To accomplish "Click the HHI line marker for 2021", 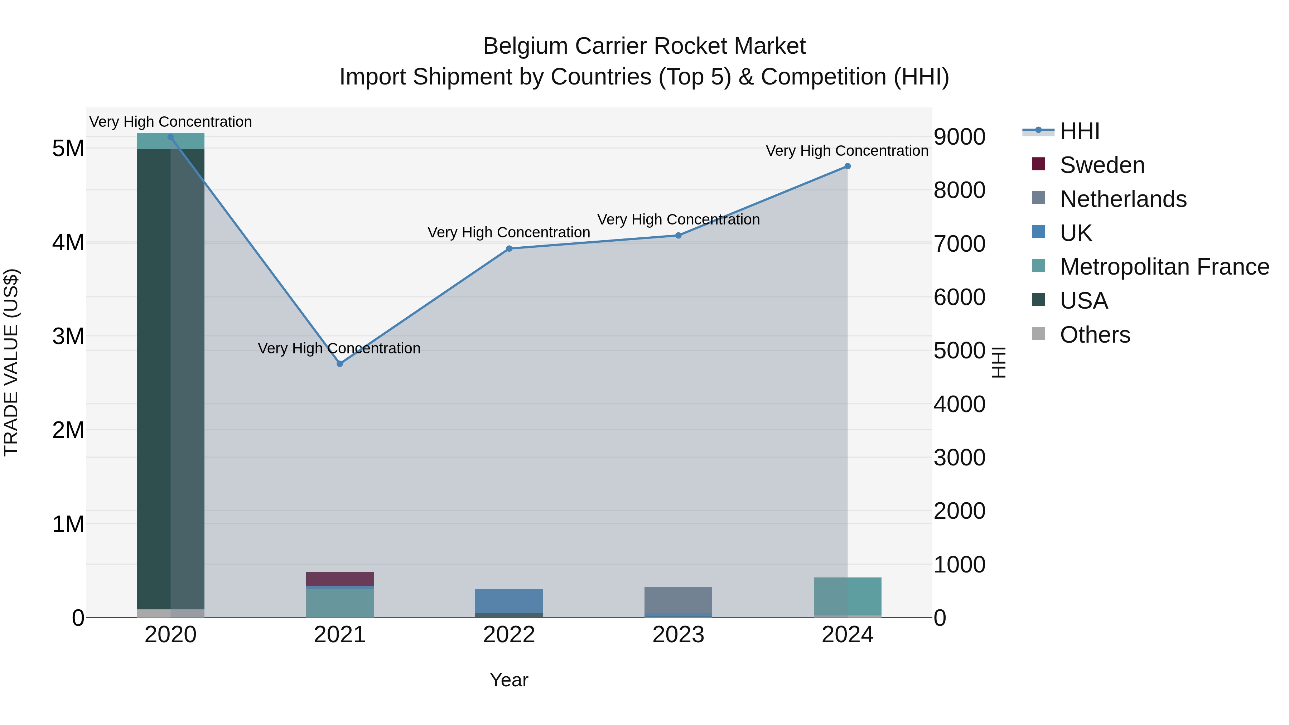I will pos(340,364).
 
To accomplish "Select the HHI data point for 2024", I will pos(847,166).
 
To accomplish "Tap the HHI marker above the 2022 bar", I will pos(509,249).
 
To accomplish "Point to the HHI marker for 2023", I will pos(679,235).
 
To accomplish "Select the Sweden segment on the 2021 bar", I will pos(340,579).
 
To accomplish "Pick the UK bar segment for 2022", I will pos(509,600).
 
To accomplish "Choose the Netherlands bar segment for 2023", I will pos(679,599).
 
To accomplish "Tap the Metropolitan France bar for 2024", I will pos(847,596).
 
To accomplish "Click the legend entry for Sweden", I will pos(1102,165).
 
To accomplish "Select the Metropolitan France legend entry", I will pos(1164,267).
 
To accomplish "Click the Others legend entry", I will pos(1095,335).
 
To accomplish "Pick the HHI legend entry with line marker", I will pos(1079,131).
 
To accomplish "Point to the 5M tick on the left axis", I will pos(68,149).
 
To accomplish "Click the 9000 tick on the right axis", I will pos(959,137).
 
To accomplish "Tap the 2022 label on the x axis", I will pos(509,635).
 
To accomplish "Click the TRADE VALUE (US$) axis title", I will pos(11,362).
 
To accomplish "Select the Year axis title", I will pos(509,680).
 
